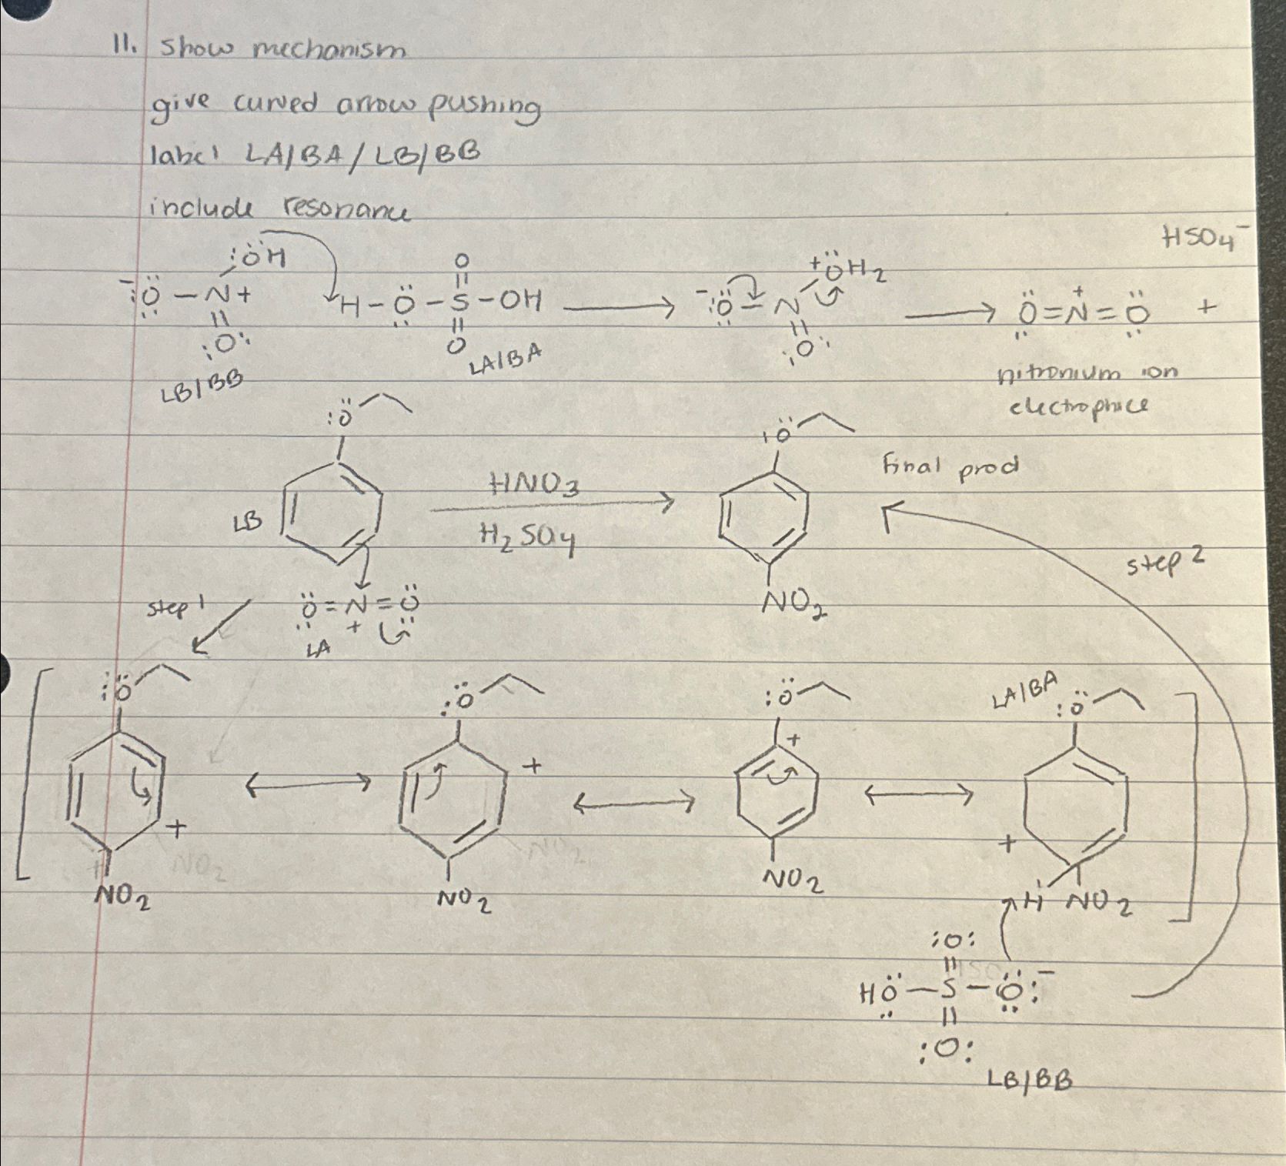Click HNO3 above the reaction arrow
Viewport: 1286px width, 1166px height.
pyautogui.click(x=536, y=486)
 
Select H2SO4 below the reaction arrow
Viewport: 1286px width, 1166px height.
pyautogui.click(x=527, y=536)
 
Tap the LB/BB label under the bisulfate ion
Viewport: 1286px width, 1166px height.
pyautogui.click(x=1030, y=1081)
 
